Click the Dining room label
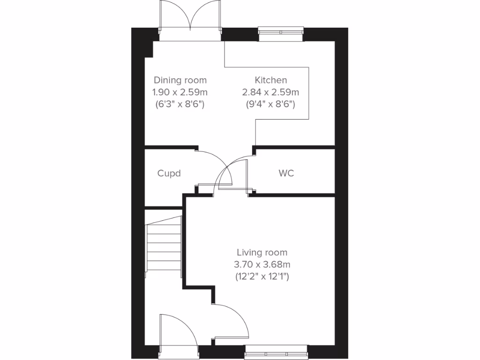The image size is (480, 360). (x=180, y=80)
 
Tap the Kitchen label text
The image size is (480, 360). (x=271, y=80)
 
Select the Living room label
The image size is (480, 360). (x=262, y=253)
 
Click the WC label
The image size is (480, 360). (x=286, y=173)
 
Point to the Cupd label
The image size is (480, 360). (x=169, y=173)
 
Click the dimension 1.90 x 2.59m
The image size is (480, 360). (x=180, y=92)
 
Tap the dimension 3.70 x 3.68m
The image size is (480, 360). (x=262, y=265)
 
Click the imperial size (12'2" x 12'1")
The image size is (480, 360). (x=262, y=277)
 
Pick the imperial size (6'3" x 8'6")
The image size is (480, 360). (x=180, y=104)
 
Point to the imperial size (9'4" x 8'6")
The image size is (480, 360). (x=270, y=104)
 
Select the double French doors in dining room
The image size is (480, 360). (x=190, y=21)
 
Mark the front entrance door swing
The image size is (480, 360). (x=178, y=330)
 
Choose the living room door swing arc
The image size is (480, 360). (x=234, y=319)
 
